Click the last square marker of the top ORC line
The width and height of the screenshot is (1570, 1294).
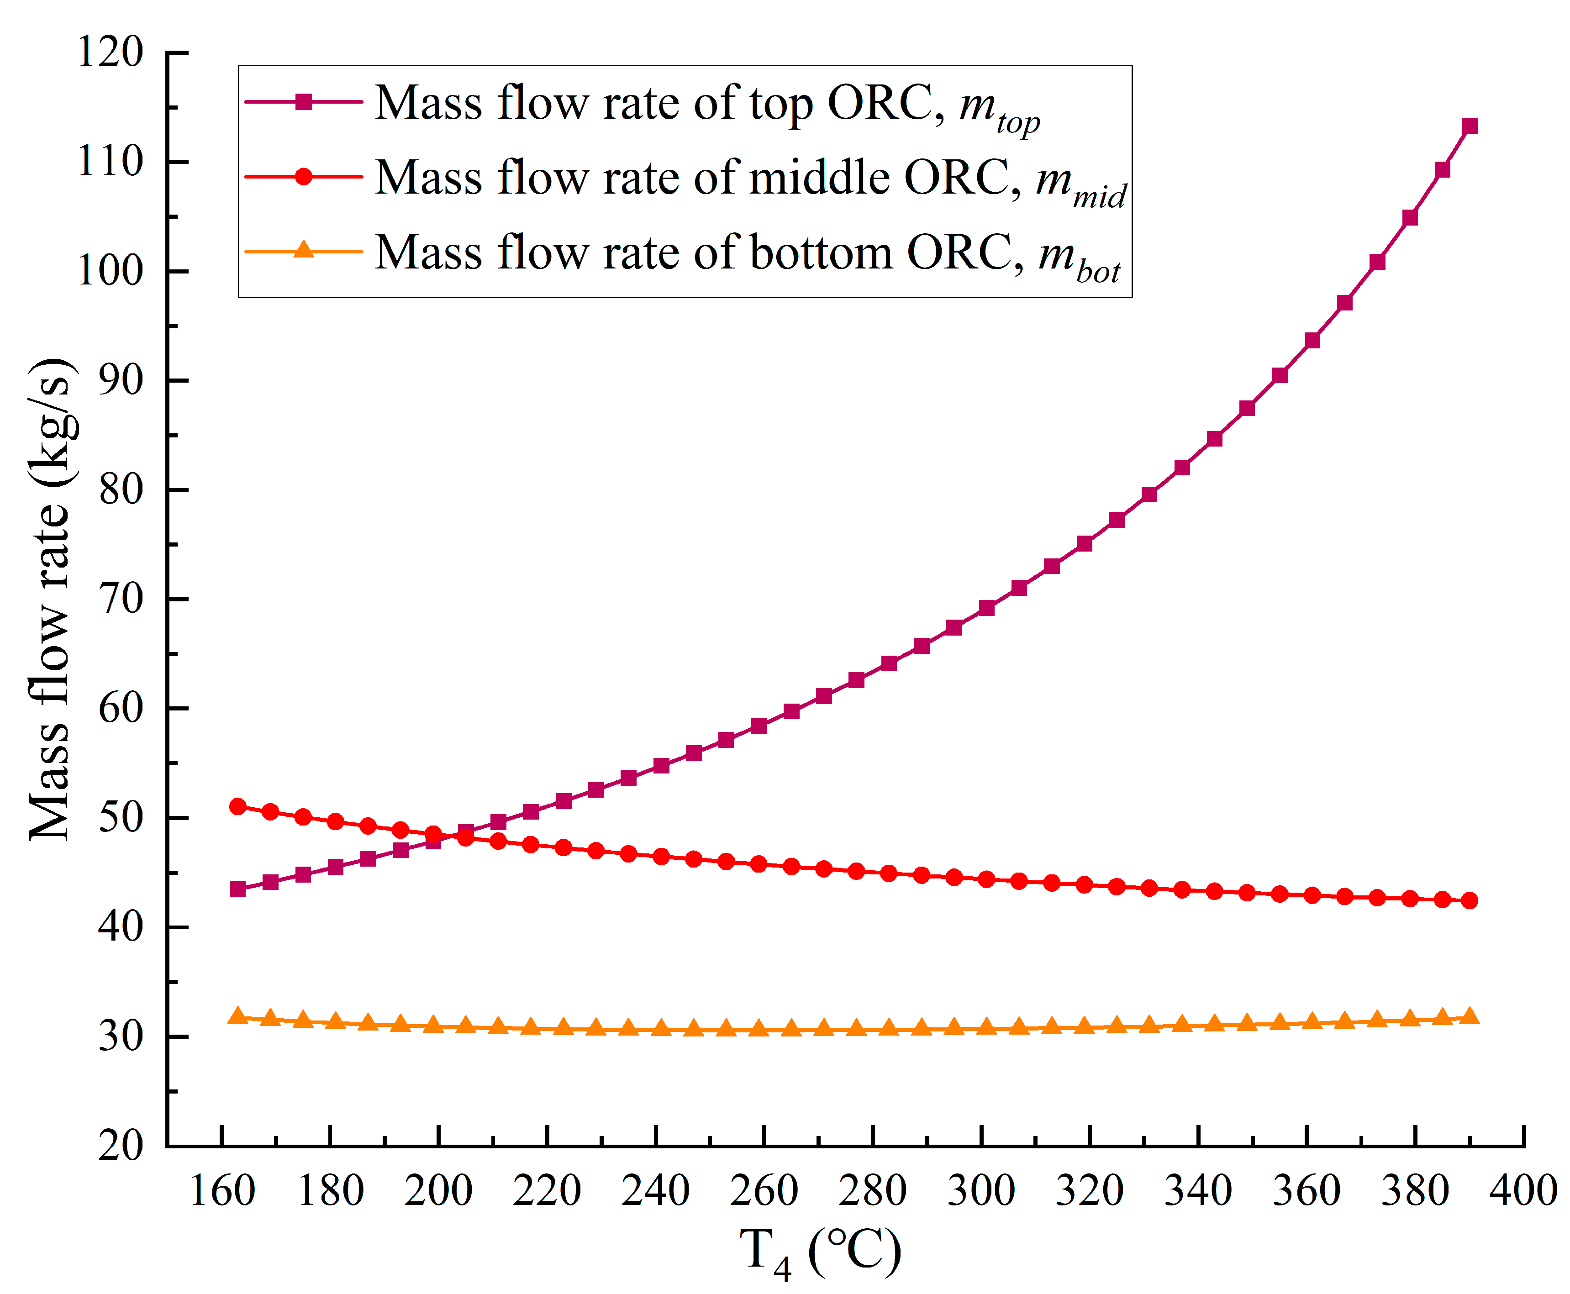click(x=1470, y=126)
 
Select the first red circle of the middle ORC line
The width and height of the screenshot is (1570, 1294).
click(x=238, y=806)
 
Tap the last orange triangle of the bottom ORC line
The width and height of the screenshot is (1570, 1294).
click(x=1470, y=1017)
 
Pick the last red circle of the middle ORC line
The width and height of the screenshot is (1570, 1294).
click(x=1470, y=900)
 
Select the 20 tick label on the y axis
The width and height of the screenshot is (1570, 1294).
click(x=121, y=1146)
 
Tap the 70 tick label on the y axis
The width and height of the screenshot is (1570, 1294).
click(x=121, y=600)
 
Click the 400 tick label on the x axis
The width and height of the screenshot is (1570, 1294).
click(x=1523, y=1190)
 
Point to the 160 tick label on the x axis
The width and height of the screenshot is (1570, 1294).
click(x=222, y=1190)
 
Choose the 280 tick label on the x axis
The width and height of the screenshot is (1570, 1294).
click(x=872, y=1190)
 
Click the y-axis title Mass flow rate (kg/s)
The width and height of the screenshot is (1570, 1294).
click(x=51, y=600)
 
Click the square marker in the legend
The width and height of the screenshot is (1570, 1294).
click(x=303, y=102)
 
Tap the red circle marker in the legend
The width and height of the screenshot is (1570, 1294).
click(x=303, y=177)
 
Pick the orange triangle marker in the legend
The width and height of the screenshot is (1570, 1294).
click(x=303, y=250)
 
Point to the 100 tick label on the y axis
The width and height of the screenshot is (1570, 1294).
click(x=111, y=271)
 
